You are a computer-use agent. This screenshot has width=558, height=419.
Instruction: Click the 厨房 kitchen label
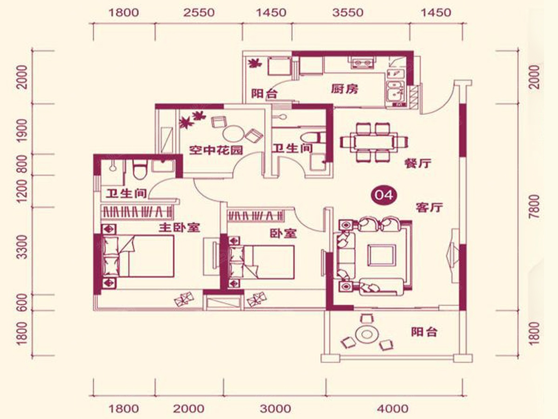pos(345,89)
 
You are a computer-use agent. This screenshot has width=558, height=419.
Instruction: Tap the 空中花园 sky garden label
pos(216,150)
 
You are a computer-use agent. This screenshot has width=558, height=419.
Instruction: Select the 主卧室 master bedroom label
pos(179,228)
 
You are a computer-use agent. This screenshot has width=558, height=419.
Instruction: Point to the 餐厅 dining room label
pos(418,163)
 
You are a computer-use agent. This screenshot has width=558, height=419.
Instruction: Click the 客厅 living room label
pos(429,208)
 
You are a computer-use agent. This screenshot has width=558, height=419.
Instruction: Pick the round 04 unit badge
pos(384,196)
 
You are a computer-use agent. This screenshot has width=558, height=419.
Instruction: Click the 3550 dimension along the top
pos(348,13)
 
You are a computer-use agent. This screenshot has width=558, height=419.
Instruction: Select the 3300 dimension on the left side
pos(23,247)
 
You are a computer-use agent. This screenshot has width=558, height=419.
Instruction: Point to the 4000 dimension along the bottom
pos(392,409)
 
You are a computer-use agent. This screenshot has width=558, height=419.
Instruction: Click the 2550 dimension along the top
pos(199,13)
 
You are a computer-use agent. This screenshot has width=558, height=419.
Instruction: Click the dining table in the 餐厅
pos(374,142)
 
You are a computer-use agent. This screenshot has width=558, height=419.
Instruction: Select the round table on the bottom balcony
pos(366,334)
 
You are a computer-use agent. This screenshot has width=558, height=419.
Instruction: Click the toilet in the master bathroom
pos(140,169)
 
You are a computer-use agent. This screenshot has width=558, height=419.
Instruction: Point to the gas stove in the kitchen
pos(363,63)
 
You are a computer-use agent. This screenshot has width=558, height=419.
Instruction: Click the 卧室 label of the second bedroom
pos(283,233)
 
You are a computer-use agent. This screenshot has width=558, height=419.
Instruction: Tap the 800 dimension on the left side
pos(23,164)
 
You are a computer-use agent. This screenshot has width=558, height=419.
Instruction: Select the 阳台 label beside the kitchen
pos(265,94)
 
